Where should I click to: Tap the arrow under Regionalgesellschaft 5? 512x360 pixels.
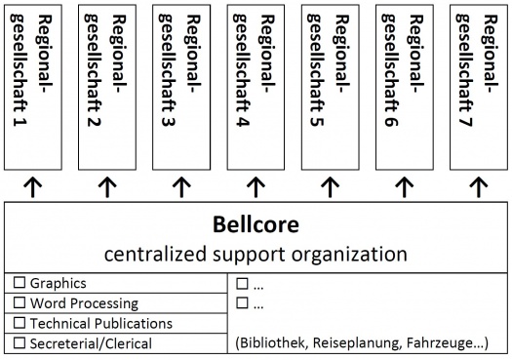330,186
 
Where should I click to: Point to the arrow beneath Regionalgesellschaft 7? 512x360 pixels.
478,186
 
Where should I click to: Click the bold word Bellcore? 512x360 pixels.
256,224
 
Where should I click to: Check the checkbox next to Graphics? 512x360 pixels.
19,284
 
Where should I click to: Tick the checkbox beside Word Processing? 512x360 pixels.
19,303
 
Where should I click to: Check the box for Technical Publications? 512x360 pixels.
19,323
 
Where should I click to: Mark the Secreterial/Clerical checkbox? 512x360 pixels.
19,342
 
